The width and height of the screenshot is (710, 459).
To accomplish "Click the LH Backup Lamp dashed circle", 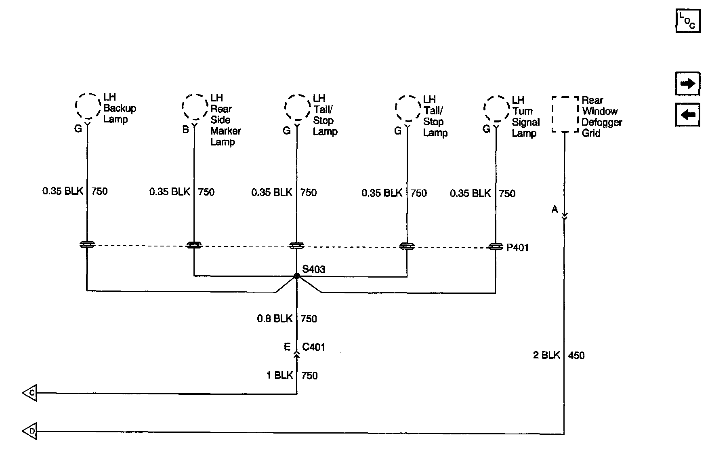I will (88, 106).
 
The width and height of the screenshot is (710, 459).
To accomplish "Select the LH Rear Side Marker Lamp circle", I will (194, 107).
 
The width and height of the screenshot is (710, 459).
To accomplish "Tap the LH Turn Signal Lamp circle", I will (496, 109).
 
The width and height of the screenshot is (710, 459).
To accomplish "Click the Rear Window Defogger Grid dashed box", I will (565, 114).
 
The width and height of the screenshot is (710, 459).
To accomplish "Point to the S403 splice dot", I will (297, 276).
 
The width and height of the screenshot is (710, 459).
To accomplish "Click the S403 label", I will (314, 269).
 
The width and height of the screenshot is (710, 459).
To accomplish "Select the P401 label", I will (517, 247).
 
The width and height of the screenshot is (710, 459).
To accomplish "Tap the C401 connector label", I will (313, 347).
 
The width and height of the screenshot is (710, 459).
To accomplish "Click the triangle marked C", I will (30, 393).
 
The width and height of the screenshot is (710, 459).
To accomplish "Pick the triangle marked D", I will (30, 431).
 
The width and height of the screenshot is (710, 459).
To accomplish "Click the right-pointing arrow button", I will (687, 84).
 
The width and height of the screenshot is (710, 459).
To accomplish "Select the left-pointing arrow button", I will (687, 115).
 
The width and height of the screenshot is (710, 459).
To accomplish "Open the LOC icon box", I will (687, 20).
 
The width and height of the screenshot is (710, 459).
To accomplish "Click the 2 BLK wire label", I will (546, 355).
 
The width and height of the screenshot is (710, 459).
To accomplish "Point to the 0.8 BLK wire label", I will (275, 319).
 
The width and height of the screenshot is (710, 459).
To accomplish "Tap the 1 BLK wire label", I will (279, 375).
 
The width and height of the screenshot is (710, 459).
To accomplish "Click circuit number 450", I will (576, 356).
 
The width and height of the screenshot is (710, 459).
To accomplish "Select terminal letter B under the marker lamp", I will (185, 129).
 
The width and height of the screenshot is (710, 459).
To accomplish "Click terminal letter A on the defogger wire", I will (555, 209).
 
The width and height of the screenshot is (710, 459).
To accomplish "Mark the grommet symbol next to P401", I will (496, 246).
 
